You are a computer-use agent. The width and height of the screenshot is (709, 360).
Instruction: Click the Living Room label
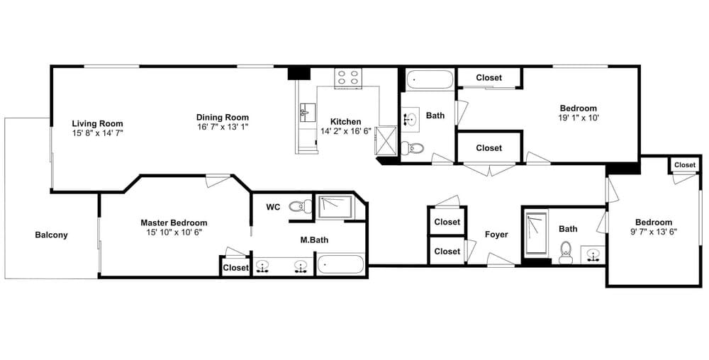[97, 124]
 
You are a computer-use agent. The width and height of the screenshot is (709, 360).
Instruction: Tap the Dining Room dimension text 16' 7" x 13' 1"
[223, 128]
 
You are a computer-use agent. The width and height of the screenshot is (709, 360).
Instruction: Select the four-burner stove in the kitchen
[347, 78]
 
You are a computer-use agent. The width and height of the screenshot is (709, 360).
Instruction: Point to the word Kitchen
[346, 121]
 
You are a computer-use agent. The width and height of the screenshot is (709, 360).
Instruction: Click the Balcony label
[51, 235]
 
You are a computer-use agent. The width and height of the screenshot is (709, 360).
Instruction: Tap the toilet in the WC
[300, 207]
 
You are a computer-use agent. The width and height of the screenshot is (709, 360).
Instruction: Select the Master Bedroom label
[174, 223]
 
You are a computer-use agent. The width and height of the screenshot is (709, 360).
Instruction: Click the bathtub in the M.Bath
[340, 264]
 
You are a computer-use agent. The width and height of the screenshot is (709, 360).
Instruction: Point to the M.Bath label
[314, 240]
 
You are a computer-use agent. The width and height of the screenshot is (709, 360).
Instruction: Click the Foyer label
[496, 235]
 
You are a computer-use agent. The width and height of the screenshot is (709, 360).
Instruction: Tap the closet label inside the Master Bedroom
[236, 268]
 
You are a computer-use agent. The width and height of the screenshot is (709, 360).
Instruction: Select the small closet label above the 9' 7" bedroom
[685, 165]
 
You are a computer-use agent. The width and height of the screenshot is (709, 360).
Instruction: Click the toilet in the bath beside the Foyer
[565, 253]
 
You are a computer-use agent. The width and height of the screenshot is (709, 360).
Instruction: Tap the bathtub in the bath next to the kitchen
[429, 79]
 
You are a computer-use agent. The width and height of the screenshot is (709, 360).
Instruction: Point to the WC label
[273, 208]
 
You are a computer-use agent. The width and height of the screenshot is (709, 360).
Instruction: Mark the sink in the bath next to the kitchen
[411, 120]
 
